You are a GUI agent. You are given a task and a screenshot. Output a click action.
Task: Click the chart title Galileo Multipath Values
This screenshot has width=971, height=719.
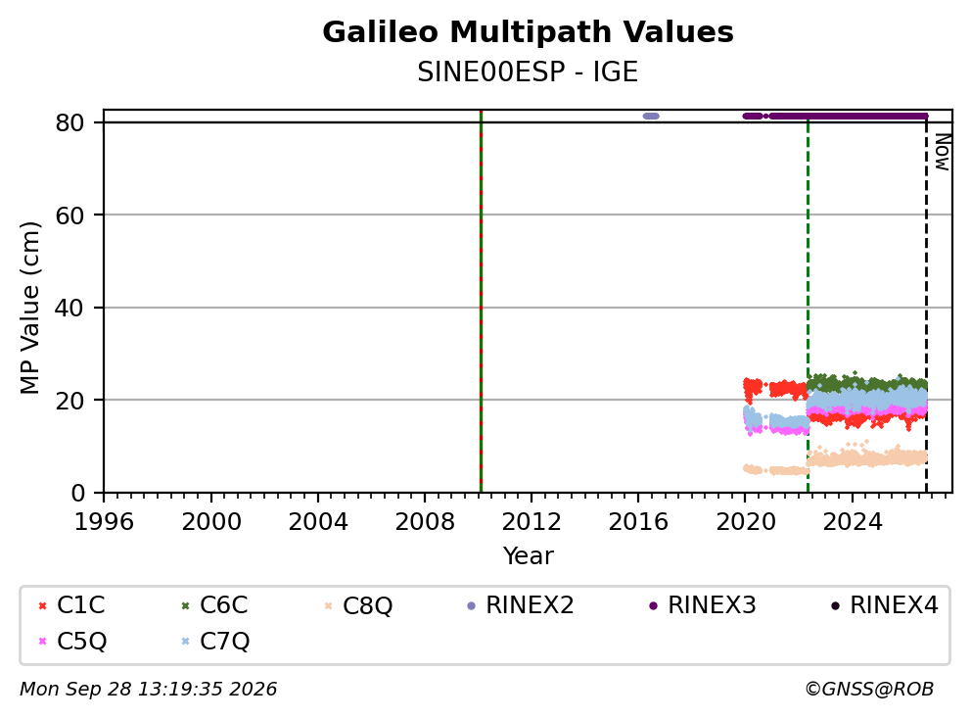(528, 32)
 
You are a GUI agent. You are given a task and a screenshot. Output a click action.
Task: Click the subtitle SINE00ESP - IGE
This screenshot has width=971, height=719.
(528, 72)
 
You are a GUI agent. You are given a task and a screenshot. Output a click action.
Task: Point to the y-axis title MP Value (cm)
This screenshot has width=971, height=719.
(29, 308)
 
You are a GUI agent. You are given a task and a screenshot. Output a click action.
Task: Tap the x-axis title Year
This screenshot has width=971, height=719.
(528, 555)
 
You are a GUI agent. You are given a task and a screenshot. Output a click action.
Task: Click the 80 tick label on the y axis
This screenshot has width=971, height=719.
(69, 122)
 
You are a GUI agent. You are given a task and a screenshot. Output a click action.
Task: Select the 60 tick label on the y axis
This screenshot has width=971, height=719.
(69, 216)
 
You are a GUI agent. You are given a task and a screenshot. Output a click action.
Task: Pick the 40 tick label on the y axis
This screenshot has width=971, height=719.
(69, 308)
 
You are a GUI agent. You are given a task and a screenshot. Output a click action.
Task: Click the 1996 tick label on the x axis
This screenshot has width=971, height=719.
(104, 522)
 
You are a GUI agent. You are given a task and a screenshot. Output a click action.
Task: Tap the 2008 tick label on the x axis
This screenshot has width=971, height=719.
(425, 522)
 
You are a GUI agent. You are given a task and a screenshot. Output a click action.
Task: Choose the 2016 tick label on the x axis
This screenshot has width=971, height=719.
(638, 522)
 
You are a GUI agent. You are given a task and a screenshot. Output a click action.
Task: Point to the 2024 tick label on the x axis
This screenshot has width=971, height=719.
(853, 522)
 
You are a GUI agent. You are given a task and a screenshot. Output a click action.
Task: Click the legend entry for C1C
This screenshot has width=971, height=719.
(71, 605)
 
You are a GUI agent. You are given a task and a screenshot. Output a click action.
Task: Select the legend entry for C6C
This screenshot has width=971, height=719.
(214, 605)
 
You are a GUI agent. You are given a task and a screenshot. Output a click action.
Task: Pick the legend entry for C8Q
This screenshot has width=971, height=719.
(358, 605)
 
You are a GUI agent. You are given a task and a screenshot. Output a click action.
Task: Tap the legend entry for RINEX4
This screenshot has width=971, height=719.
(884, 605)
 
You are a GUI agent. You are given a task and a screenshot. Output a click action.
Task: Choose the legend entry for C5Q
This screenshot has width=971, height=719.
(71, 642)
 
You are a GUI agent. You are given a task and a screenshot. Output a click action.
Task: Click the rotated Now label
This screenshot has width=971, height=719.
(942, 152)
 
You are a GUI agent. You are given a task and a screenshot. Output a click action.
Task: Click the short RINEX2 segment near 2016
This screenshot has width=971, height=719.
(651, 116)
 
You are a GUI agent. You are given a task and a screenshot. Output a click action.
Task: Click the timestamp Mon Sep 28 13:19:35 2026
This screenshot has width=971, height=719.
(149, 689)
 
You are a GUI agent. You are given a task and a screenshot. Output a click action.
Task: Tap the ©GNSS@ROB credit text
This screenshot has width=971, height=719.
(869, 689)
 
